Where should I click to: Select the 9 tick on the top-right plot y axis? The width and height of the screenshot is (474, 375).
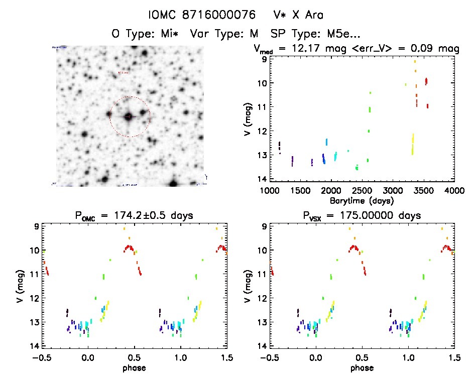263,59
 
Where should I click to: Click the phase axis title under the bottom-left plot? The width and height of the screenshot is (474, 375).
134,367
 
